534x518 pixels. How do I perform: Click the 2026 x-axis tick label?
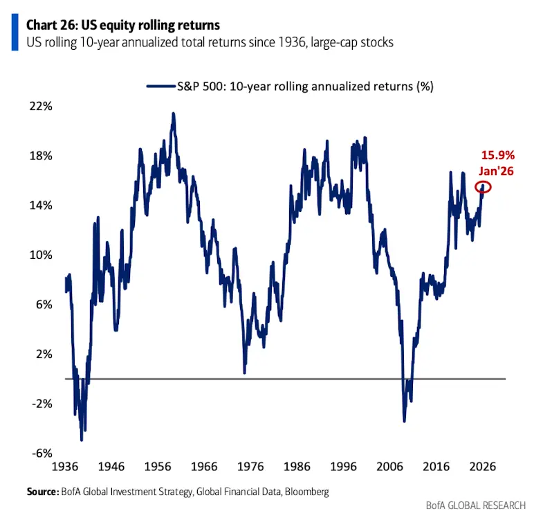pos(482,467)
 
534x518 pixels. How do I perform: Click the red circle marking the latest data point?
pos(483,186)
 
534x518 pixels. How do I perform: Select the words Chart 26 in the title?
pos(50,25)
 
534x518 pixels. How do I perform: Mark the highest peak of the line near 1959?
pos(173,114)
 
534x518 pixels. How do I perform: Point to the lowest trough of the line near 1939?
pos(82,440)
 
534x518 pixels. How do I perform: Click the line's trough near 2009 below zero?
pos(404,421)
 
